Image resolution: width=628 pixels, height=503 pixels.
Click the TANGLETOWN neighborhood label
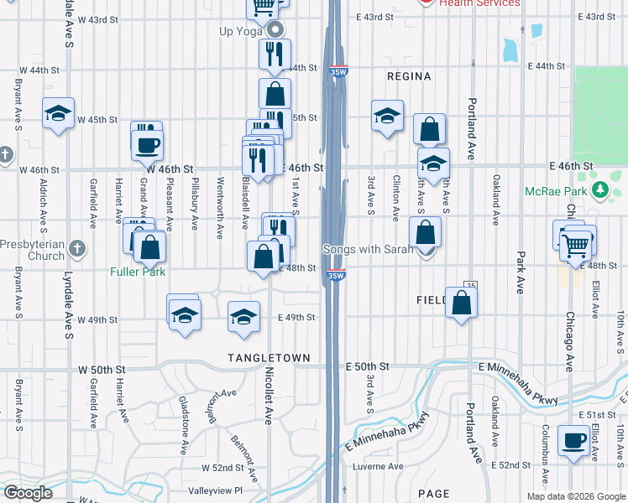point(269,358)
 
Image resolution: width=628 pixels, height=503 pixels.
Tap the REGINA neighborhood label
point(409,76)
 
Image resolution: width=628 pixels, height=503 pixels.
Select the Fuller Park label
point(137,272)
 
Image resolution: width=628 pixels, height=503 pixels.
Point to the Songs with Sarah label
point(369,249)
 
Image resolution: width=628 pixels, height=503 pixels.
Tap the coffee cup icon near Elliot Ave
point(574,440)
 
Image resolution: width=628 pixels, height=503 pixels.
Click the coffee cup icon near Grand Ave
point(147,144)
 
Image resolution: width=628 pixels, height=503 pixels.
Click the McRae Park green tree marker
point(600,190)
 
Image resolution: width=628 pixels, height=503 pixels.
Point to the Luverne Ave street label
point(378,466)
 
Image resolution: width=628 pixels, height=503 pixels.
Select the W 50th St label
point(102,370)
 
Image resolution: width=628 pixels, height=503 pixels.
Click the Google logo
point(28,493)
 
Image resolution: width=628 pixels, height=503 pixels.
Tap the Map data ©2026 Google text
point(576,496)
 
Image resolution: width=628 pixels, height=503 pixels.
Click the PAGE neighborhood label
point(433,495)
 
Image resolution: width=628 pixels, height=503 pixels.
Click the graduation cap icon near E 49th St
point(243,317)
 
